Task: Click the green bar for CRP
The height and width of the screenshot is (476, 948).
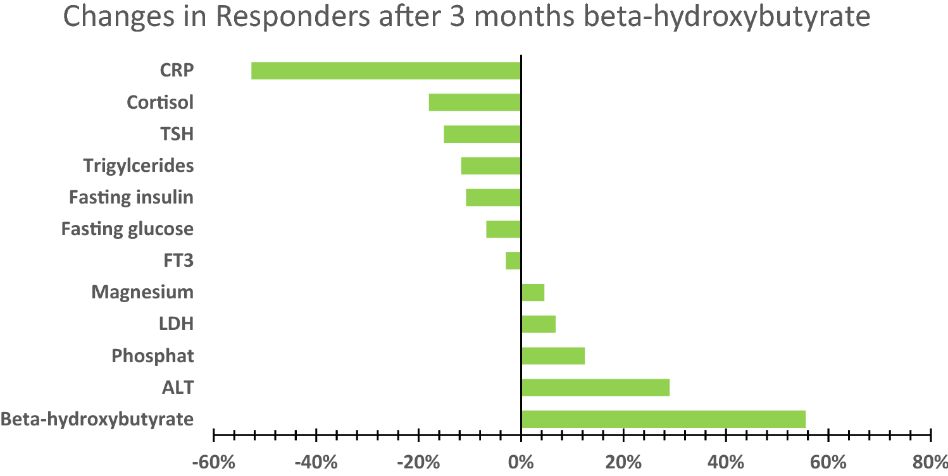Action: [x=385, y=71]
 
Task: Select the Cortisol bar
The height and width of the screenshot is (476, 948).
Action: [x=475, y=102]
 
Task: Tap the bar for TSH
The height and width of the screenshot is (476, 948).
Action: [x=482, y=134]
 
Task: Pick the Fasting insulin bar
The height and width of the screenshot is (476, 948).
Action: [x=493, y=197]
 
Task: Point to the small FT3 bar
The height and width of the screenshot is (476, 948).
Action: [x=513, y=260]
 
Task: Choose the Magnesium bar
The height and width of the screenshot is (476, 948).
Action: [x=533, y=292]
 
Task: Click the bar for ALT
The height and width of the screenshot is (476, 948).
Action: [x=595, y=387]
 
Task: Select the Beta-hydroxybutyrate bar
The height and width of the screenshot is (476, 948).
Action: [x=663, y=419]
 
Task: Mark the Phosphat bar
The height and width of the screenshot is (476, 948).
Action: [x=552, y=356]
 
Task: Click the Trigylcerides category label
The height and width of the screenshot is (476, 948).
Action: [x=139, y=166]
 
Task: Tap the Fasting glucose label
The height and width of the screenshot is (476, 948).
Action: [x=127, y=229]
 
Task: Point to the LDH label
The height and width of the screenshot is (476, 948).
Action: [x=176, y=324]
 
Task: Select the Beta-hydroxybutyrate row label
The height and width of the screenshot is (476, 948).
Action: [x=97, y=419]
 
